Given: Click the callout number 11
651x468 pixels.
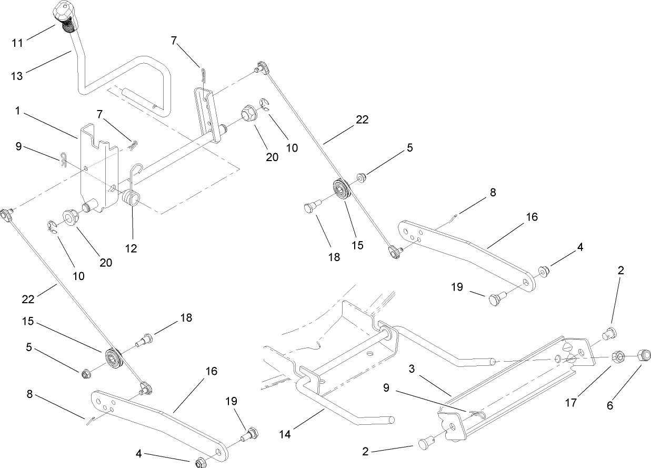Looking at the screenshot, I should coord(17,43).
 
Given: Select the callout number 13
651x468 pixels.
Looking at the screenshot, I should coord(17,76).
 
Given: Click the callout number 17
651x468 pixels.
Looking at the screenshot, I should coord(570,403).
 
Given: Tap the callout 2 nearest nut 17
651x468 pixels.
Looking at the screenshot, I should coord(621,271).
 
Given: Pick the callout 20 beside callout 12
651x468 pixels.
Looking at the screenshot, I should coord(106,262).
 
